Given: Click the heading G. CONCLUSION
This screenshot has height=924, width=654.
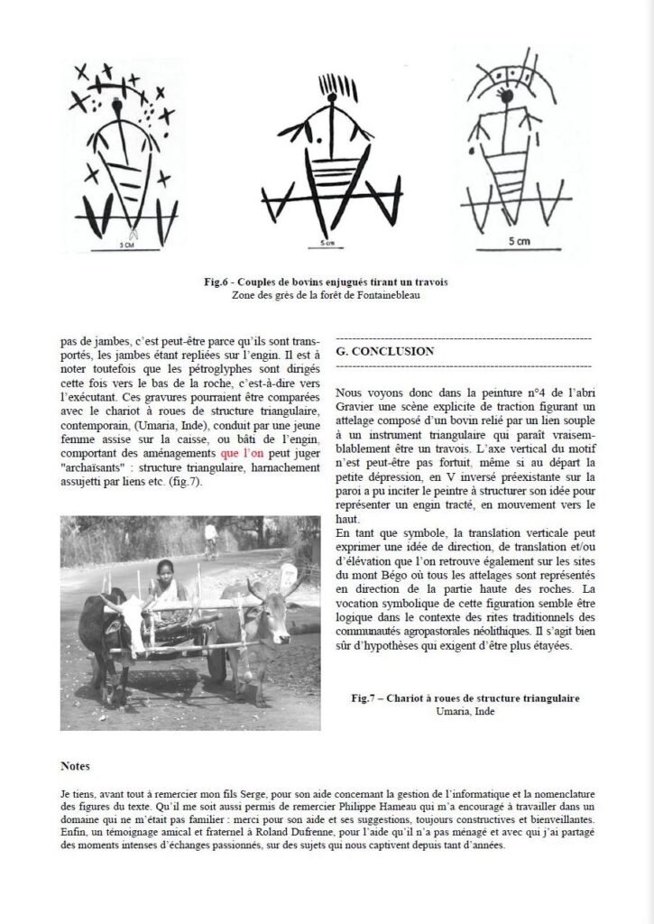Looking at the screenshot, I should (x=384, y=351).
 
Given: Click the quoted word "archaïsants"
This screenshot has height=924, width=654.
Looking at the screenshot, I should (x=97, y=468).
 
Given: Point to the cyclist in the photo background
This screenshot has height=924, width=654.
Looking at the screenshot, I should (x=210, y=538).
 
